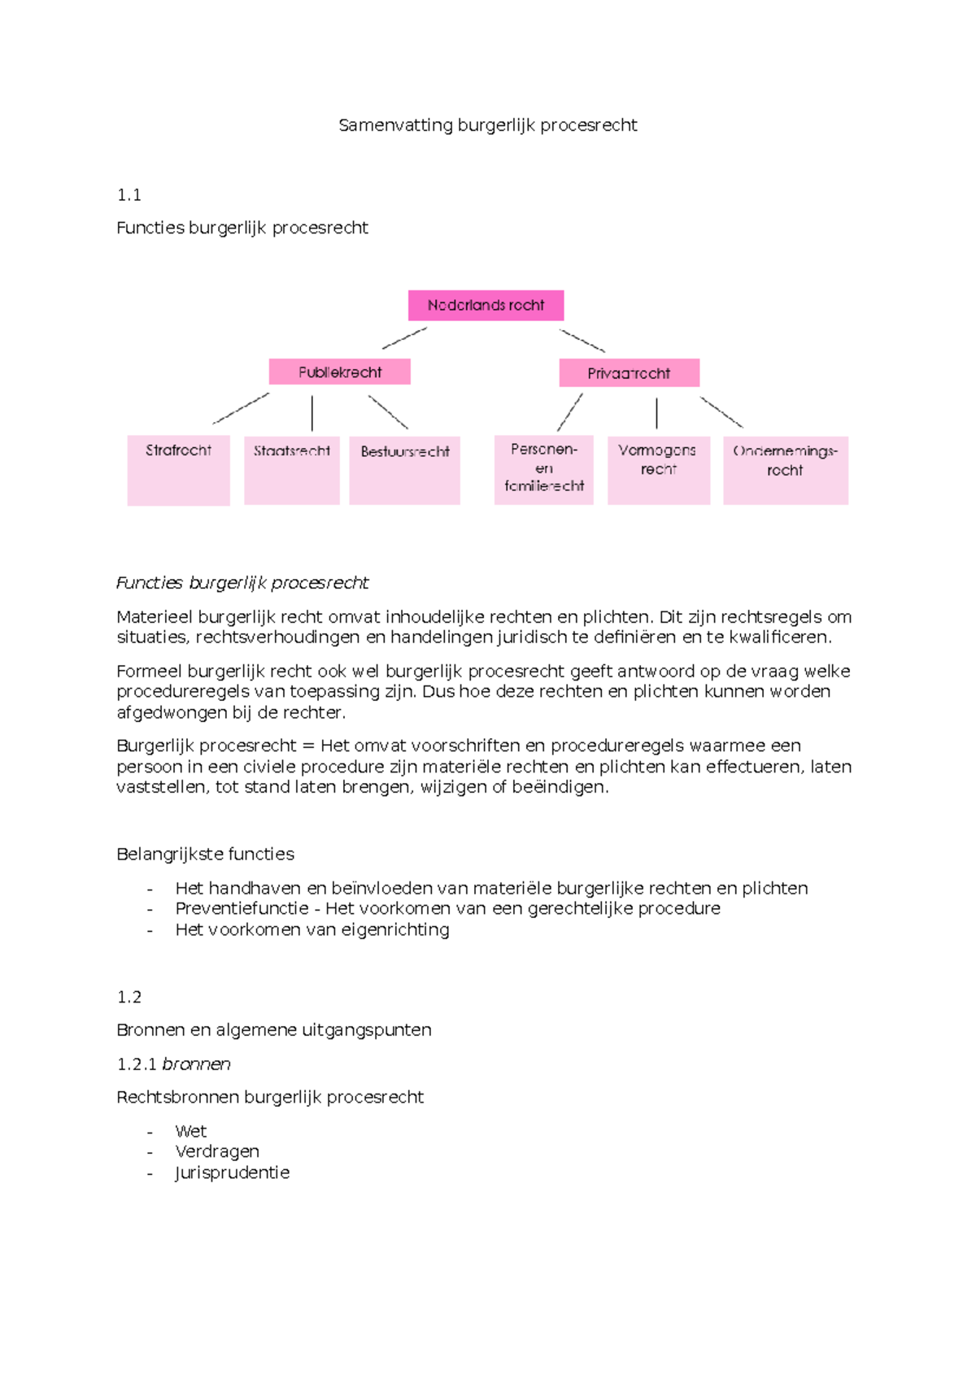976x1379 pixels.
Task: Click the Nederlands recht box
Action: tap(486, 306)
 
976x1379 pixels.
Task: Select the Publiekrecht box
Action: tap(339, 372)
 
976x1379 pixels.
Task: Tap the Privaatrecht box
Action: tap(629, 373)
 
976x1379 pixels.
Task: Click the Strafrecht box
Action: tap(178, 471)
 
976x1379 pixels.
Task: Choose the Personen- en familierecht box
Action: tap(543, 470)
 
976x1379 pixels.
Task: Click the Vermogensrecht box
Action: tap(658, 470)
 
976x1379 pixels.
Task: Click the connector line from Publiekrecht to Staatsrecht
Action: tap(312, 413)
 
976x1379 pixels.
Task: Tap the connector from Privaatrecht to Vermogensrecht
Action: tap(656, 413)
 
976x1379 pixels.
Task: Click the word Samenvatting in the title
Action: tap(395, 125)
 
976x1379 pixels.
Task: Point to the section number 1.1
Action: tap(129, 195)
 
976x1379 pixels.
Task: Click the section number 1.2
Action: tap(129, 997)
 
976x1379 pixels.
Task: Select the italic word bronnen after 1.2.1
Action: tap(196, 1064)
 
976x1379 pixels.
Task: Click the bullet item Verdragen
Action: tap(217, 1151)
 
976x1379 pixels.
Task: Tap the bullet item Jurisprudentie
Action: tap(232, 1172)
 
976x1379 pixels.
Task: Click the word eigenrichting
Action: tap(394, 929)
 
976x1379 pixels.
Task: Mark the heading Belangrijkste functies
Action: tap(205, 854)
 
